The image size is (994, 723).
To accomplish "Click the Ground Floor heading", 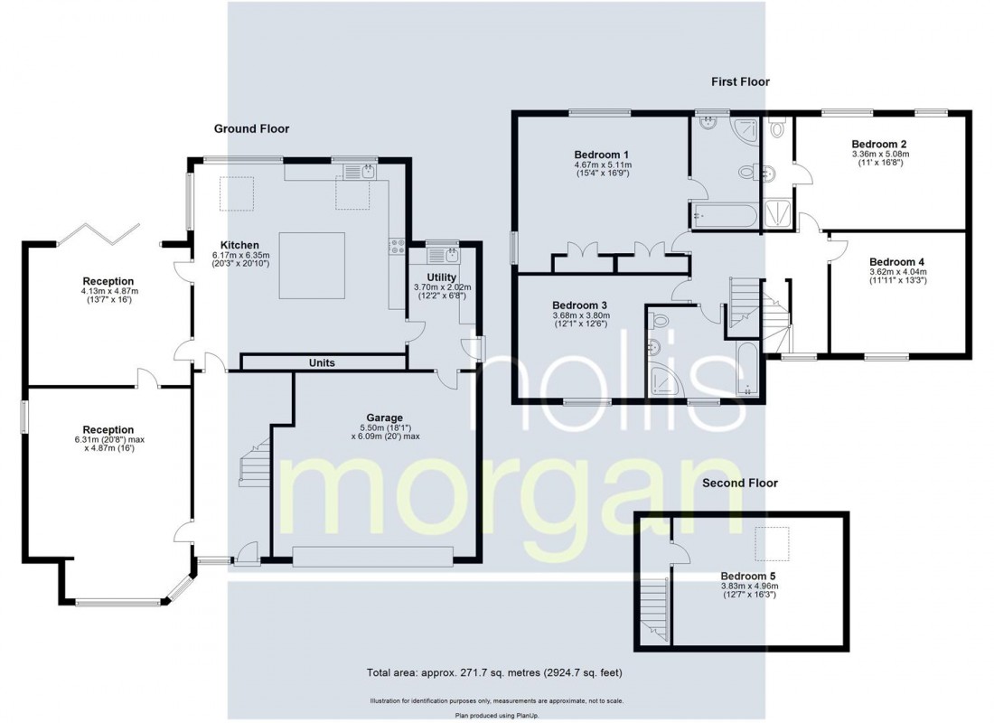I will (251, 128).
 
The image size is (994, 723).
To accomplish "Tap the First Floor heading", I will (739, 81).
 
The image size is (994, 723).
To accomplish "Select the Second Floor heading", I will (740, 484).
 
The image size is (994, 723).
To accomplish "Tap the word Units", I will (322, 363).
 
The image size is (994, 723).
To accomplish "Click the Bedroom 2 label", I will (878, 144).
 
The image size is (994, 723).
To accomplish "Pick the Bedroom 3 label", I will (579, 305).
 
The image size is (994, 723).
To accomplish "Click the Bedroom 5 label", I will (748, 575).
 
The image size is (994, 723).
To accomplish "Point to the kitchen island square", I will (312, 266).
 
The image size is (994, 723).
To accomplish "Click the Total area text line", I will (495, 673).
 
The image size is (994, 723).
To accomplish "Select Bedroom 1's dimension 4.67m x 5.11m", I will (602, 165).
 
